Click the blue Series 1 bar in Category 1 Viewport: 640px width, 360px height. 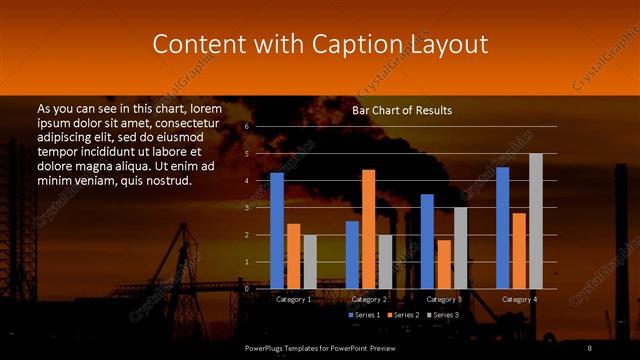click(277, 230)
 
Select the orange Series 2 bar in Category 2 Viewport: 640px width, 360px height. click(368, 229)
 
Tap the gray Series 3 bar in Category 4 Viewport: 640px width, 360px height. click(536, 221)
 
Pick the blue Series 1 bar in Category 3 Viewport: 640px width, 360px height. click(427, 241)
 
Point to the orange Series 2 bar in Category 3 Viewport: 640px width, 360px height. click(443, 264)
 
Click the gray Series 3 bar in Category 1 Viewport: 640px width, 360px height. click(310, 261)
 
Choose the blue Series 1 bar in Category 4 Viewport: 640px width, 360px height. click(503, 227)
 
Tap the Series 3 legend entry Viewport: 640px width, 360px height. click(444, 315)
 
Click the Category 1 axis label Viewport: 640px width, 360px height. click(293, 299)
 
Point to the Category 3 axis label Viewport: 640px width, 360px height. click(444, 299)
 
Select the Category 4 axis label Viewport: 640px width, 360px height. click(519, 299)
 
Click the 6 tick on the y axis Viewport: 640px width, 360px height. click(247, 127)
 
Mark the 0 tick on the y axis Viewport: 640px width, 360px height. click(247, 288)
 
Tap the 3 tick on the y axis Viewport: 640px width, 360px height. click(247, 208)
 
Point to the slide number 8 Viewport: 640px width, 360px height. click(590, 347)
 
